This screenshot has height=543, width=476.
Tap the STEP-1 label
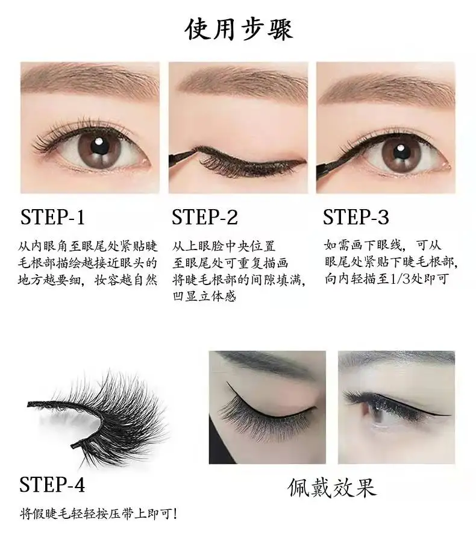(53, 217)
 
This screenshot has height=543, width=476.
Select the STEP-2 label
(204, 217)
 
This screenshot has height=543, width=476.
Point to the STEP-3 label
(355, 217)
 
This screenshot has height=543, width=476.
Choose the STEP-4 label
(53, 484)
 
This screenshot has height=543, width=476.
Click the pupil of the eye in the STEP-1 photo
(98, 146)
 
